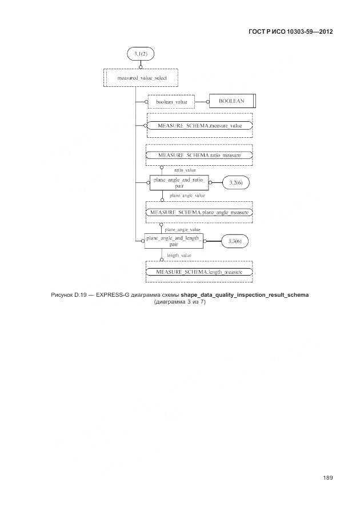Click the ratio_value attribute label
point(185,170)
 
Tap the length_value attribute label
point(179,256)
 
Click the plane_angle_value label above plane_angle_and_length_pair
point(182,229)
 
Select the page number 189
point(328,478)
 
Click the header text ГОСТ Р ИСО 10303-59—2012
point(291,31)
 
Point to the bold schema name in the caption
point(245,295)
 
